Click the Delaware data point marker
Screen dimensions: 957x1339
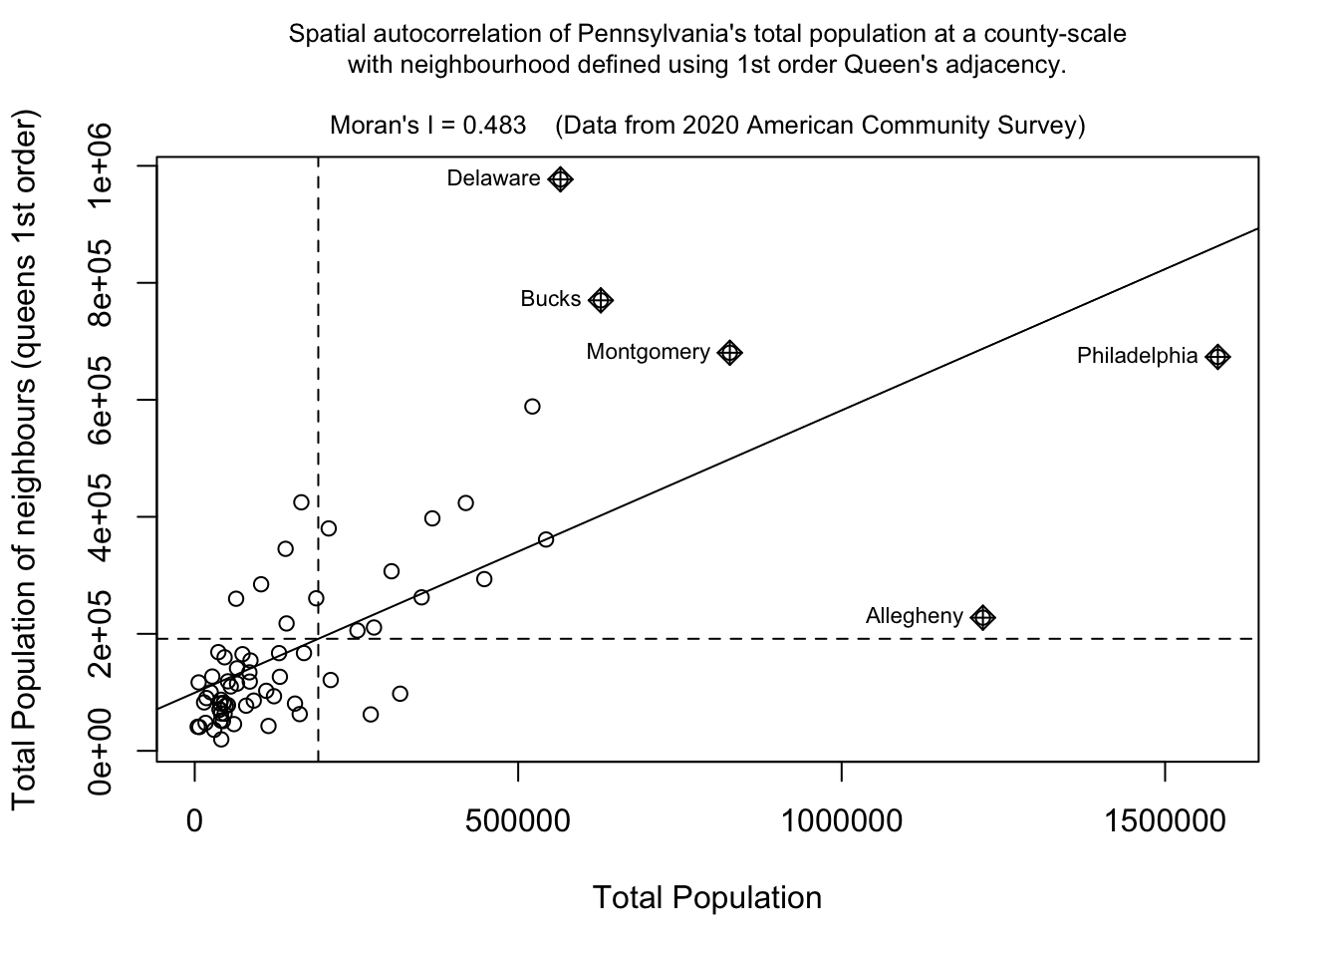[x=561, y=179]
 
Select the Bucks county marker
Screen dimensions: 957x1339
[x=601, y=300]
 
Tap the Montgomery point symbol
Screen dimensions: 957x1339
[x=730, y=353]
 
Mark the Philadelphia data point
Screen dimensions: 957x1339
[x=1217, y=357]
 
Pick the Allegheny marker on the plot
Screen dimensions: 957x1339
[x=983, y=618]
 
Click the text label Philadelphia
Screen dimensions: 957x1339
[x=1137, y=356]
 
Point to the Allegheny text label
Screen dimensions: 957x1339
[x=915, y=616]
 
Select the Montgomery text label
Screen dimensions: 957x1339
[x=648, y=352]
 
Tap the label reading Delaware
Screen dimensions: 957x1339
[x=493, y=178]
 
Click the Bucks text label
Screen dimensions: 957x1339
[x=550, y=299]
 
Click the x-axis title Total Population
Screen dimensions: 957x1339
[x=707, y=898]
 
